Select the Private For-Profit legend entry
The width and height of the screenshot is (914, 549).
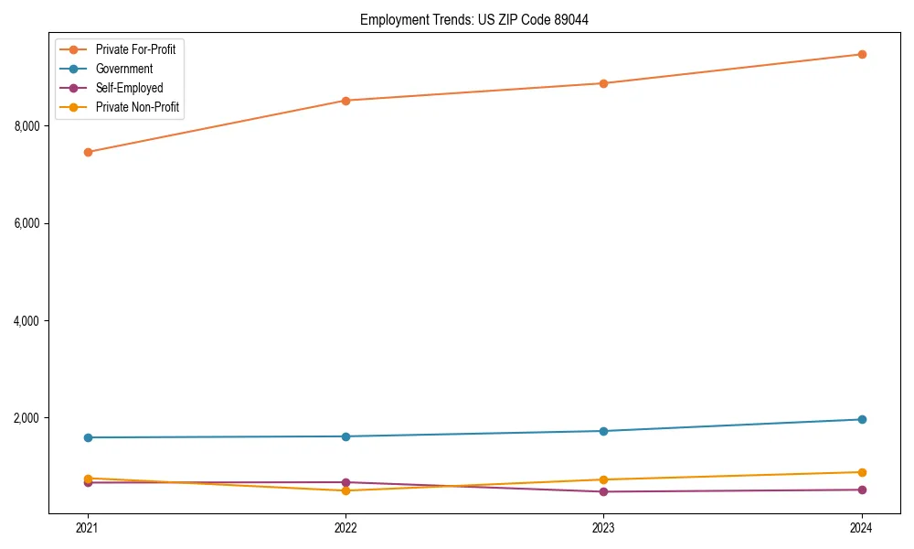pos(135,49)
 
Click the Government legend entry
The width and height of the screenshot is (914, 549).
pos(124,69)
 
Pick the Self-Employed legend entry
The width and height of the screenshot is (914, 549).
pos(129,88)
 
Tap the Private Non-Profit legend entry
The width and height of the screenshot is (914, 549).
pos(137,107)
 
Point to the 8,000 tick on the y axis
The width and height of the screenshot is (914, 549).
pos(28,126)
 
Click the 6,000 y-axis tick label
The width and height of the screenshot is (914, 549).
pos(28,223)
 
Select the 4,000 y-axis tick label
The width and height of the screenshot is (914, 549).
pos(28,321)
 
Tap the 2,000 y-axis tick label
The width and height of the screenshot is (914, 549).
pos(28,418)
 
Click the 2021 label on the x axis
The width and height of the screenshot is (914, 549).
pos(88,528)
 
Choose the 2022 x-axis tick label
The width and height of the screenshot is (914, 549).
pos(345,528)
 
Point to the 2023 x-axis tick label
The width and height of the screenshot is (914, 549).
pos(603,528)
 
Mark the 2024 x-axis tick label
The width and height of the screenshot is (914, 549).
pos(861,528)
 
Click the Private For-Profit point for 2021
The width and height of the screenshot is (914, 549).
pos(88,152)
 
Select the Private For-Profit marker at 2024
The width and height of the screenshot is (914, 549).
pos(861,54)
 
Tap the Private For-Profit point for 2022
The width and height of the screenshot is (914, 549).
pos(345,101)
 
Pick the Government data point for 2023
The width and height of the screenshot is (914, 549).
pos(603,431)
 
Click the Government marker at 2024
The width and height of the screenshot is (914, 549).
pos(861,419)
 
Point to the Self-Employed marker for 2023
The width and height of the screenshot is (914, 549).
pos(603,491)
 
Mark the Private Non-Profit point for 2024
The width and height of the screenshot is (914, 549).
pos(861,472)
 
